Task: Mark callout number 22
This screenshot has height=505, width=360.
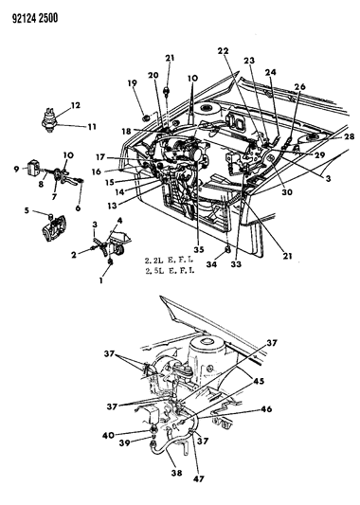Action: click(x=224, y=50)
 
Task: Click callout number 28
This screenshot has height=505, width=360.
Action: click(x=323, y=137)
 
